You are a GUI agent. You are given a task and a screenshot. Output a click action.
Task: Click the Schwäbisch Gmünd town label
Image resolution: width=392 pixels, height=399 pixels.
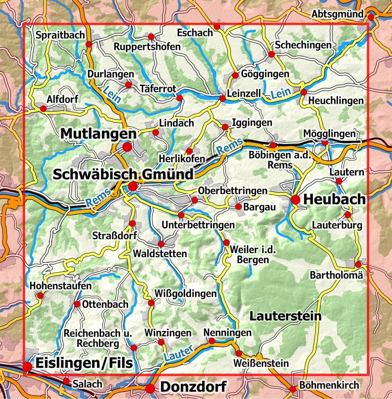[x=123, y=174]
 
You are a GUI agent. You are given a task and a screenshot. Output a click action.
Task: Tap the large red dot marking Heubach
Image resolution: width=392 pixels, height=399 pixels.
[x=295, y=199]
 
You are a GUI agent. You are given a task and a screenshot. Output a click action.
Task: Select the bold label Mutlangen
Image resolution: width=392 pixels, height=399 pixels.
[x=99, y=133]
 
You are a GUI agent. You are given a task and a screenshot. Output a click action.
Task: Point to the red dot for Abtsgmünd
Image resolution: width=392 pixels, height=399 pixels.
[x=371, y=17]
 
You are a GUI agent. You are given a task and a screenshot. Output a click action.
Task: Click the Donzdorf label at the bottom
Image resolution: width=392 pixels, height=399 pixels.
[x=193, y=387]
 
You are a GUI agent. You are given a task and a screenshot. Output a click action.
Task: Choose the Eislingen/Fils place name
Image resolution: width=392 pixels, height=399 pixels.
[x=84, y=363]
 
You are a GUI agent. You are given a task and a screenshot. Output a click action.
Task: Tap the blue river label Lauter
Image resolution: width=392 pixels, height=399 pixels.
[x=178, y=353]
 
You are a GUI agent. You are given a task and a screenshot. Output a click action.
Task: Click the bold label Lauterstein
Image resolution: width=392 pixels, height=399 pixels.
[x=285, y=315]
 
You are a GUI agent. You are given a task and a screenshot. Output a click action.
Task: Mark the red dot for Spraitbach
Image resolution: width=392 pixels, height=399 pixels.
[x=89, y=43]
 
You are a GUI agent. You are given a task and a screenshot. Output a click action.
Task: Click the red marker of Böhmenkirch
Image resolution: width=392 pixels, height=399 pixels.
[x=293, y=389]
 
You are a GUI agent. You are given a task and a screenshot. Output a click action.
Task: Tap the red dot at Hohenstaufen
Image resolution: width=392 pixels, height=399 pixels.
[x=40, y=296]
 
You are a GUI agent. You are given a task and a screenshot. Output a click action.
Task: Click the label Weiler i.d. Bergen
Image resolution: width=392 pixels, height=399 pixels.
[x=252, y=255]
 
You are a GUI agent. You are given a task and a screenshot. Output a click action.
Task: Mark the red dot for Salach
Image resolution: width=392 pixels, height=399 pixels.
[x=67, y=381]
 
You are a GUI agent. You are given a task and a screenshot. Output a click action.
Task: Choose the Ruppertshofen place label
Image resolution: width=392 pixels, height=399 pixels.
[x=147, y=47]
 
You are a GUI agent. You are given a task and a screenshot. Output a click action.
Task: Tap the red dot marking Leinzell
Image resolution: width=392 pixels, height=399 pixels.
[x=222, y=99]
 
